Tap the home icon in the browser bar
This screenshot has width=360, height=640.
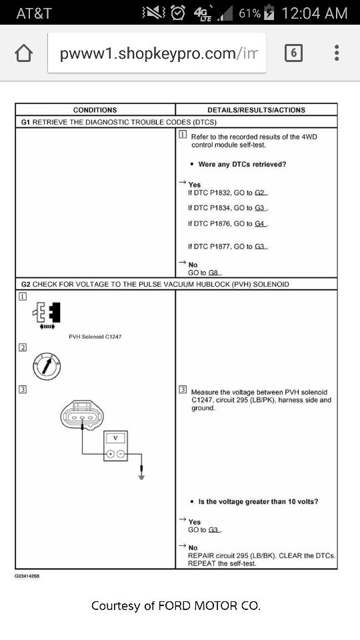[24, 53]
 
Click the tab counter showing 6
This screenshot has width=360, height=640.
[293, 53]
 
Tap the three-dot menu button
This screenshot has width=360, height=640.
[337, 53]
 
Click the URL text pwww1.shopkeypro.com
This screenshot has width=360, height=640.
[147, 53]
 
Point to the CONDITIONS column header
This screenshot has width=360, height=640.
[95, 110]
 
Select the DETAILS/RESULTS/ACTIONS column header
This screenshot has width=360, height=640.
[256, 110]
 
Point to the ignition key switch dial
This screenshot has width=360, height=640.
[47, 367]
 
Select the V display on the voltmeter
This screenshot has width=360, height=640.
[115, 438]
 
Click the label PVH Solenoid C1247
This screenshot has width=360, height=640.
[95, 337]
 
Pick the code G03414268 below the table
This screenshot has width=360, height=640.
[27, 576]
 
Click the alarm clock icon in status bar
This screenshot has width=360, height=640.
[177, 13]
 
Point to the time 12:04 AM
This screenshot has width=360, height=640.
[315, 13]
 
